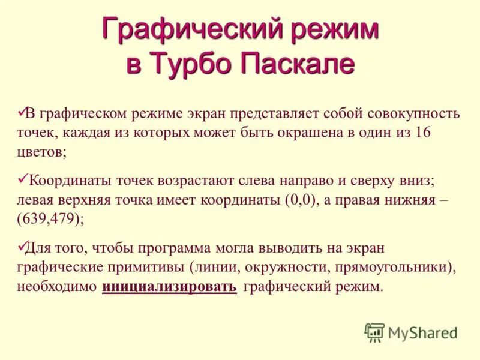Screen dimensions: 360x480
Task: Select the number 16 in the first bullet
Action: click(x=422, y=133)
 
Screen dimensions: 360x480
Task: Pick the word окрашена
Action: click(x=309, y=133)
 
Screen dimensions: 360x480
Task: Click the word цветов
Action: click(x=40, y=152)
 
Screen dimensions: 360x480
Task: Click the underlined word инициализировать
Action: click(x=169, y=287)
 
